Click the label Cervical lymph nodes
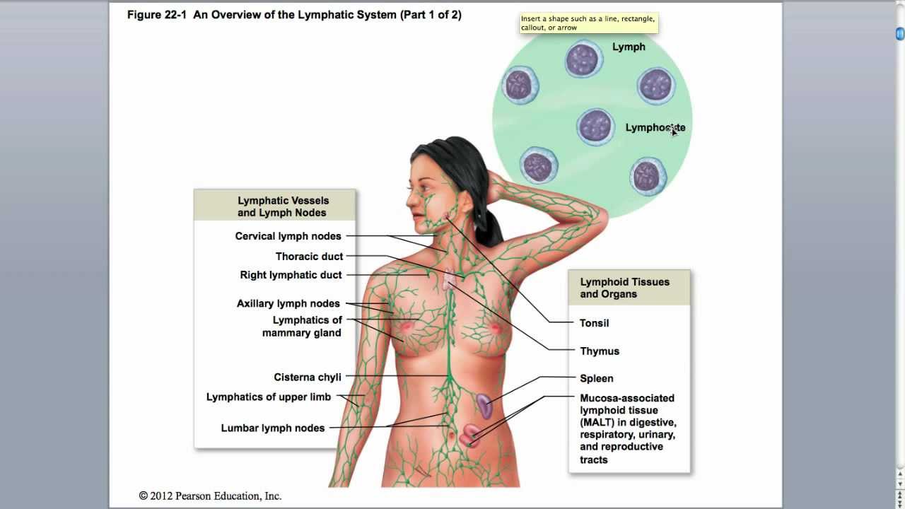288,236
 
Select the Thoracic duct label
309,257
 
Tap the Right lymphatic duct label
291,275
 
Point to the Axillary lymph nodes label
288,304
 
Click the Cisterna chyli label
307,378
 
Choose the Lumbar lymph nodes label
272,428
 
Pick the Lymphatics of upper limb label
268,397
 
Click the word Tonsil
594,323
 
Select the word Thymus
599,351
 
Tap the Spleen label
596,378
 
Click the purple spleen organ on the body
484,406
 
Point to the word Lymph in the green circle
629,47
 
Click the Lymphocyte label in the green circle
655,128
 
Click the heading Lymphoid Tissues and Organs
624,288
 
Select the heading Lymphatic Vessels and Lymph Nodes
283,206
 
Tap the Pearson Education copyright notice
210,496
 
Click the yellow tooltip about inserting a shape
588,23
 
